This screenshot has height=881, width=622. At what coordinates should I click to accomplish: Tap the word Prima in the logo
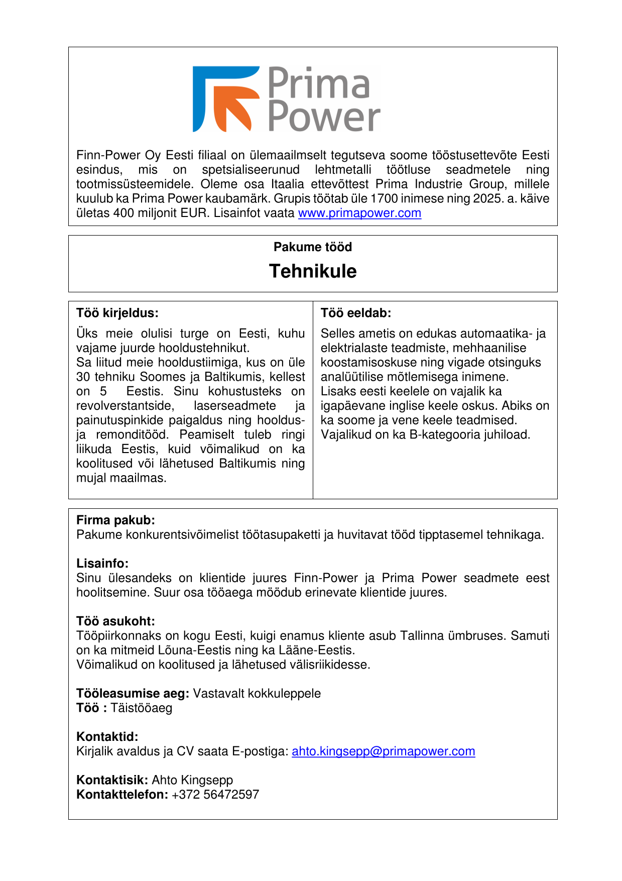(x=318, y=83)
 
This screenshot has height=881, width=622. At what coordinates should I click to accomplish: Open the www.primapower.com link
(x=359, y=213)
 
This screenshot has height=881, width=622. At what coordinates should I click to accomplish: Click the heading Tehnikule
(x=313, y=271)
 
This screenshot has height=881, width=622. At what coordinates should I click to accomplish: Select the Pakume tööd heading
(x=313, y=247)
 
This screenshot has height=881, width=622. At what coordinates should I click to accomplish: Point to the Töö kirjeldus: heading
(x=117, y=313)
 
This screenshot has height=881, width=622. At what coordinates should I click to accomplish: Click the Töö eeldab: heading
(x=356, y=313)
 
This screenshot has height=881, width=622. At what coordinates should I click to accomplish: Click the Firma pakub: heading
(x=115, y=520)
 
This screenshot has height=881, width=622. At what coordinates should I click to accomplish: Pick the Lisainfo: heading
(x=102, y=563)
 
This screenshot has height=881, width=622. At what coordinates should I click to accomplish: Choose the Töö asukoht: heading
(x=115, y=621)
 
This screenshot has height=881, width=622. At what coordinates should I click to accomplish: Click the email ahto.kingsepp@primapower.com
(x=383, y=751)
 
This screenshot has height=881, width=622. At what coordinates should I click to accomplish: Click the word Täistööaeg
(x=141, y=708)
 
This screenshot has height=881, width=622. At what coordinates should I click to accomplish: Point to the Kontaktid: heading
(x=107, y=737)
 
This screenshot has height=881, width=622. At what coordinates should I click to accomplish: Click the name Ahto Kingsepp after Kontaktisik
(x=192, y=780)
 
